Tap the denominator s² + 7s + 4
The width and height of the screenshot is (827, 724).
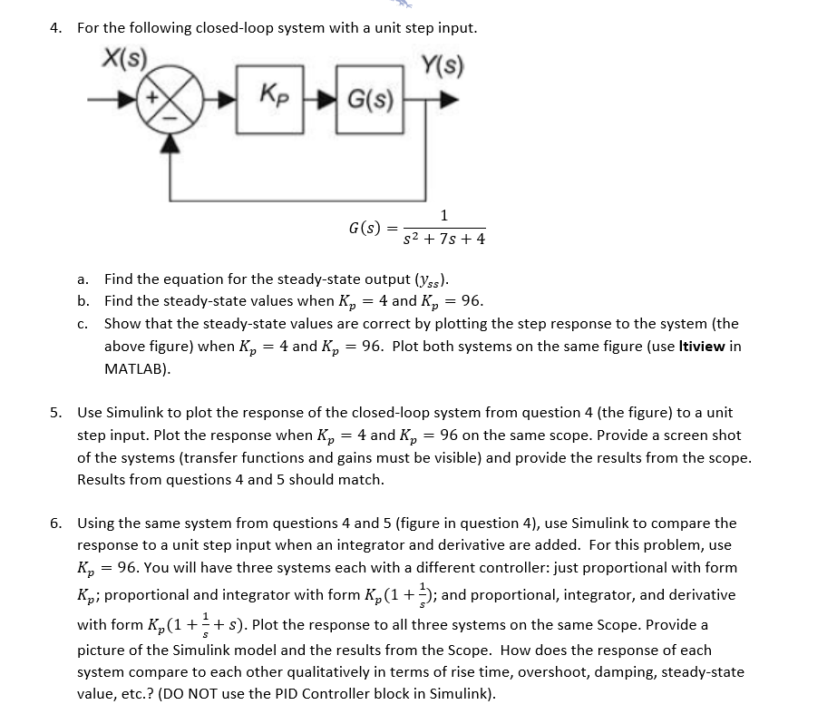pyautogui.click(x=444, y=240)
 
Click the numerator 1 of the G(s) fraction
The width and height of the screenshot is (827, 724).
pyautogui.click(x=443, y=216)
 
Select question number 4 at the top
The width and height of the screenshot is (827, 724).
pyautogui.click(x=56, y=28)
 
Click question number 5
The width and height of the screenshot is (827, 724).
pyautogui.click(x=56, y=412)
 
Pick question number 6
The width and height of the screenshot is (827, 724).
pyautogui.click(x=56, y=523)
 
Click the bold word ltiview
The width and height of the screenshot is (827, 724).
pyautogui.click(x=697, y=347)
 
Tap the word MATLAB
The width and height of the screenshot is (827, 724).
pyautogui.click(x=136, y=369)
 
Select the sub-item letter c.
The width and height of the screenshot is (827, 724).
pyautogui.click(x=83, y=324)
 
